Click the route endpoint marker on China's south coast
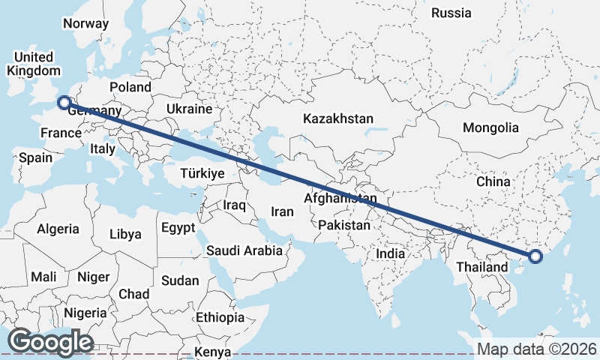point(535,256)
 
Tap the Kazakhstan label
point(337,119)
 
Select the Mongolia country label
point(490,127)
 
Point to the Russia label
point(451,13)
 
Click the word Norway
point(85,23)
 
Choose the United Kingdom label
point(33,64)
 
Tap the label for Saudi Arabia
point(244,250)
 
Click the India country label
point(390,253)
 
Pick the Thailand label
point(482,267)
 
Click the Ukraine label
point(190,109)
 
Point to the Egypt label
point(178,227)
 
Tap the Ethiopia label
point(220,317)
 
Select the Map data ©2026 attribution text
point(537,349)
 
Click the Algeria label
point(58,229)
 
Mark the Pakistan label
point(344,225)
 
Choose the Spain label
point(35,157)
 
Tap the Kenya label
point(212,352)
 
